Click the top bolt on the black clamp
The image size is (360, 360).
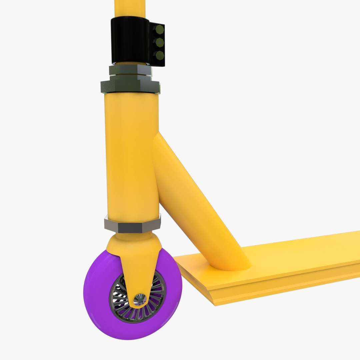(160, 30)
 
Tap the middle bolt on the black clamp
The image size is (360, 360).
(160, 42)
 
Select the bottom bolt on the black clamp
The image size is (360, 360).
(160, 55)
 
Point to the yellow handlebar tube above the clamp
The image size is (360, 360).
(130, 8)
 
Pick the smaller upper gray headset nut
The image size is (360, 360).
(130, 70)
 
